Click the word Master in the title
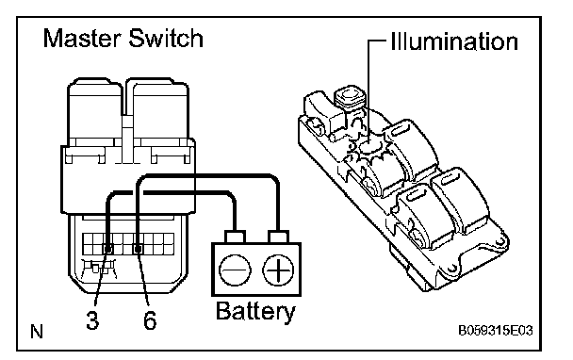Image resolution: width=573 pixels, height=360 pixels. click(83, 38)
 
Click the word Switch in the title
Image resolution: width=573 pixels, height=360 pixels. click(166, 38)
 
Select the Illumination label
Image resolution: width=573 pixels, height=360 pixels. click(454, 41)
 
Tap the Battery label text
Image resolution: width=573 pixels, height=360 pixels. click(255, 312)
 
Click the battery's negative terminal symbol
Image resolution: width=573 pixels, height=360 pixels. click(235, 270)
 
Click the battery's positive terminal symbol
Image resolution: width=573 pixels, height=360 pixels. click(278, 270)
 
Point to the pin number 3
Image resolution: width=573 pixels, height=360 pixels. click(92, 319)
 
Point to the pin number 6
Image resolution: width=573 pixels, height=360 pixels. click(150, 319)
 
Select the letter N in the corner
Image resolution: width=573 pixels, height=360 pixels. click(37, 332)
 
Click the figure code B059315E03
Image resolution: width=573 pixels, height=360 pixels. click(496, 331)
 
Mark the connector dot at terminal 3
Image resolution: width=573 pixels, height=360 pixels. click(108, 249)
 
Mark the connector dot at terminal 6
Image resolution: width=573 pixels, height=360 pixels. click(138, 249)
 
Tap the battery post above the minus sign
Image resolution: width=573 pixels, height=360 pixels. click(235, 237)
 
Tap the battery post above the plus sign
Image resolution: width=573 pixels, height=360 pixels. click(278, 237)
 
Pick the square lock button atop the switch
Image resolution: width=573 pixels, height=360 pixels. click(349, 96)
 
